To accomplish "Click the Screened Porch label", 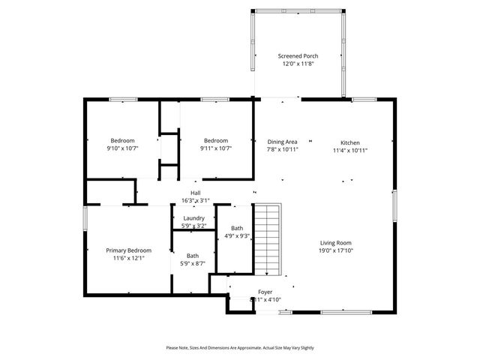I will click(299, 56).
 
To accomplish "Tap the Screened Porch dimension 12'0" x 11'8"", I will click(299, 64).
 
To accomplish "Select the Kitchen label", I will click(350, 142).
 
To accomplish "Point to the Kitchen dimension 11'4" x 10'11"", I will click(350, 150).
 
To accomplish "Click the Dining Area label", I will click(283, 142).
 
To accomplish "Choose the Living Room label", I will click(336, 243).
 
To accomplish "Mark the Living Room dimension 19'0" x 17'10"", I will click(336, 250).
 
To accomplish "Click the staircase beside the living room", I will click(268, 240).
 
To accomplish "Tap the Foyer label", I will click(265, 291).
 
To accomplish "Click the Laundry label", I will click(193, 218).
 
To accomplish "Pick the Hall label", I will click(195, 193).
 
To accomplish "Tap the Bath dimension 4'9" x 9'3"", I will click(237, 236).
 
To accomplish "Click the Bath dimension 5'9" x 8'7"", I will click(193, 263).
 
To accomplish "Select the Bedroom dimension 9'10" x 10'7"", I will click(122, 148).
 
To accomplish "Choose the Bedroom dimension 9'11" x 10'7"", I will click(216, 148).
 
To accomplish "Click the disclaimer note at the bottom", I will click(240, 348).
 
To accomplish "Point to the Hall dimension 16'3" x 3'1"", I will click(195, 200).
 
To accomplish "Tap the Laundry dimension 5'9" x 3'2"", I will click(193, 226).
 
